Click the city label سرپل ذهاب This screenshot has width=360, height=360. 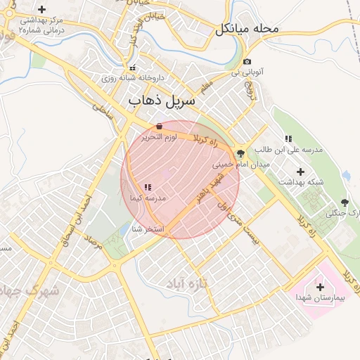click(x=161, y=102)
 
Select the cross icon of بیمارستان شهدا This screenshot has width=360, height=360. click(x=321, y=287)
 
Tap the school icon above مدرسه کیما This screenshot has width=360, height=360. click(x=147, y=187)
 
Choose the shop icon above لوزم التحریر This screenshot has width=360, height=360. click(x=160, y=127)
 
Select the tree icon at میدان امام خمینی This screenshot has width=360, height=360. click(x=241, y=153)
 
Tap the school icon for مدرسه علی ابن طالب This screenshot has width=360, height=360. click(x=288, y=139)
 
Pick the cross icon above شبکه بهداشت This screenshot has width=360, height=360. click(x=301, y=171)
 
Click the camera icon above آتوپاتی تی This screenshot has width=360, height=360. click(x=247, y=62)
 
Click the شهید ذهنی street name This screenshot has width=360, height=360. click(x=210, y=186)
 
